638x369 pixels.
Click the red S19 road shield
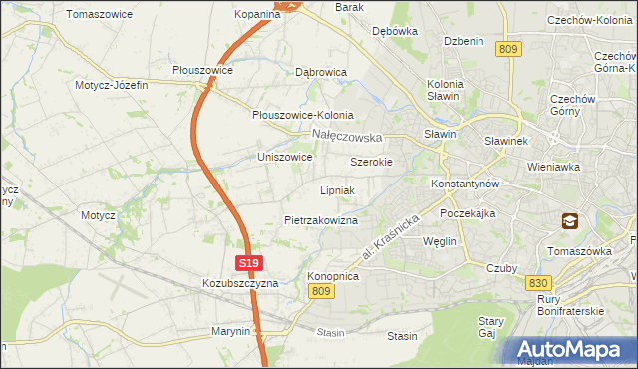(249, 263)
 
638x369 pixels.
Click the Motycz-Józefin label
(111, 85)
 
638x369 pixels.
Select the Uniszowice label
(285, 158)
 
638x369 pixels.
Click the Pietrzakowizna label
(320, 219)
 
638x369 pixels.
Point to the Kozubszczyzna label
(239, 283)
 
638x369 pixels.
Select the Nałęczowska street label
(347, 135)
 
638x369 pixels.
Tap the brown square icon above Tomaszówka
(569, 222)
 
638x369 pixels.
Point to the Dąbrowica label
(321, 73)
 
